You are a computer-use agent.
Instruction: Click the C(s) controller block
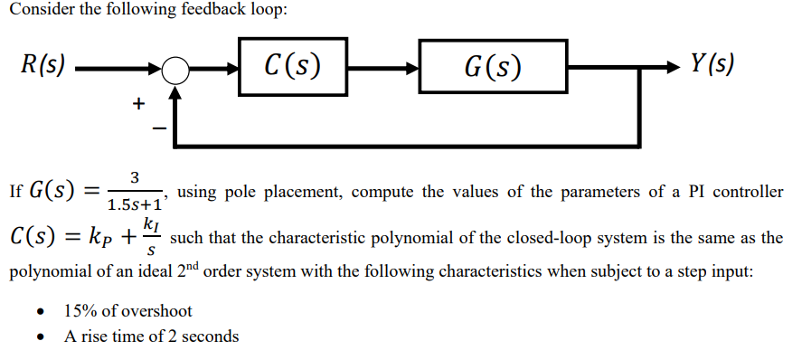click(292, 65)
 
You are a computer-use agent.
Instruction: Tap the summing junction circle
click(176, 68)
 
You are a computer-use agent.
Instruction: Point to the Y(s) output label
click(712, 64)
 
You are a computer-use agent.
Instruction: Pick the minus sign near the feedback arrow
click(157, 128)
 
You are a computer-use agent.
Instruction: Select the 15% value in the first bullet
click(79, 311)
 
